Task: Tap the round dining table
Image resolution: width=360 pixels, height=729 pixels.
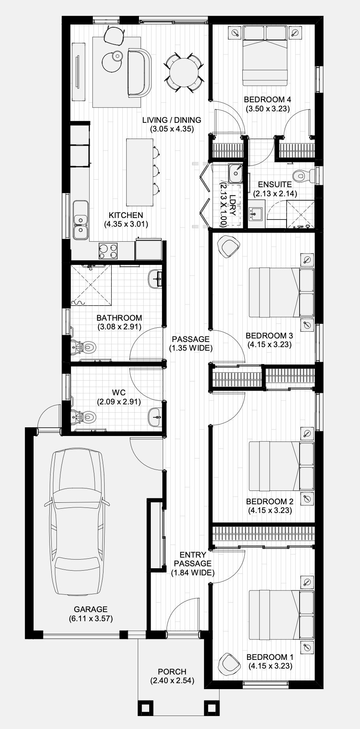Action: pos(184,73)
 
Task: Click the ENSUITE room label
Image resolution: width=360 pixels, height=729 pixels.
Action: pos(275,184)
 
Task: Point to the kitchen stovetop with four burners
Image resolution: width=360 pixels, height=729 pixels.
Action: pos(108,250)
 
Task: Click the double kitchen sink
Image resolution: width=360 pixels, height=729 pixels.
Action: pos(81,225)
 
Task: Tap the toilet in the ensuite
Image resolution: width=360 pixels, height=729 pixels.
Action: pos(304,175)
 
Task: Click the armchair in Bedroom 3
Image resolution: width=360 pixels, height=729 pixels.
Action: pos(230,246)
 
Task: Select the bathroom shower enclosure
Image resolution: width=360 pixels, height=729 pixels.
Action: pos(91,286)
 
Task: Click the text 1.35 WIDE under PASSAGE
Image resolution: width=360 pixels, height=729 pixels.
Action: pos(191,348)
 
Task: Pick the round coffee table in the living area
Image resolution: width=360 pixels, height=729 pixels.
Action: pos(112,61)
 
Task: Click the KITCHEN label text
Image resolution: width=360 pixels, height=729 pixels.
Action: pos(126,215)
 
